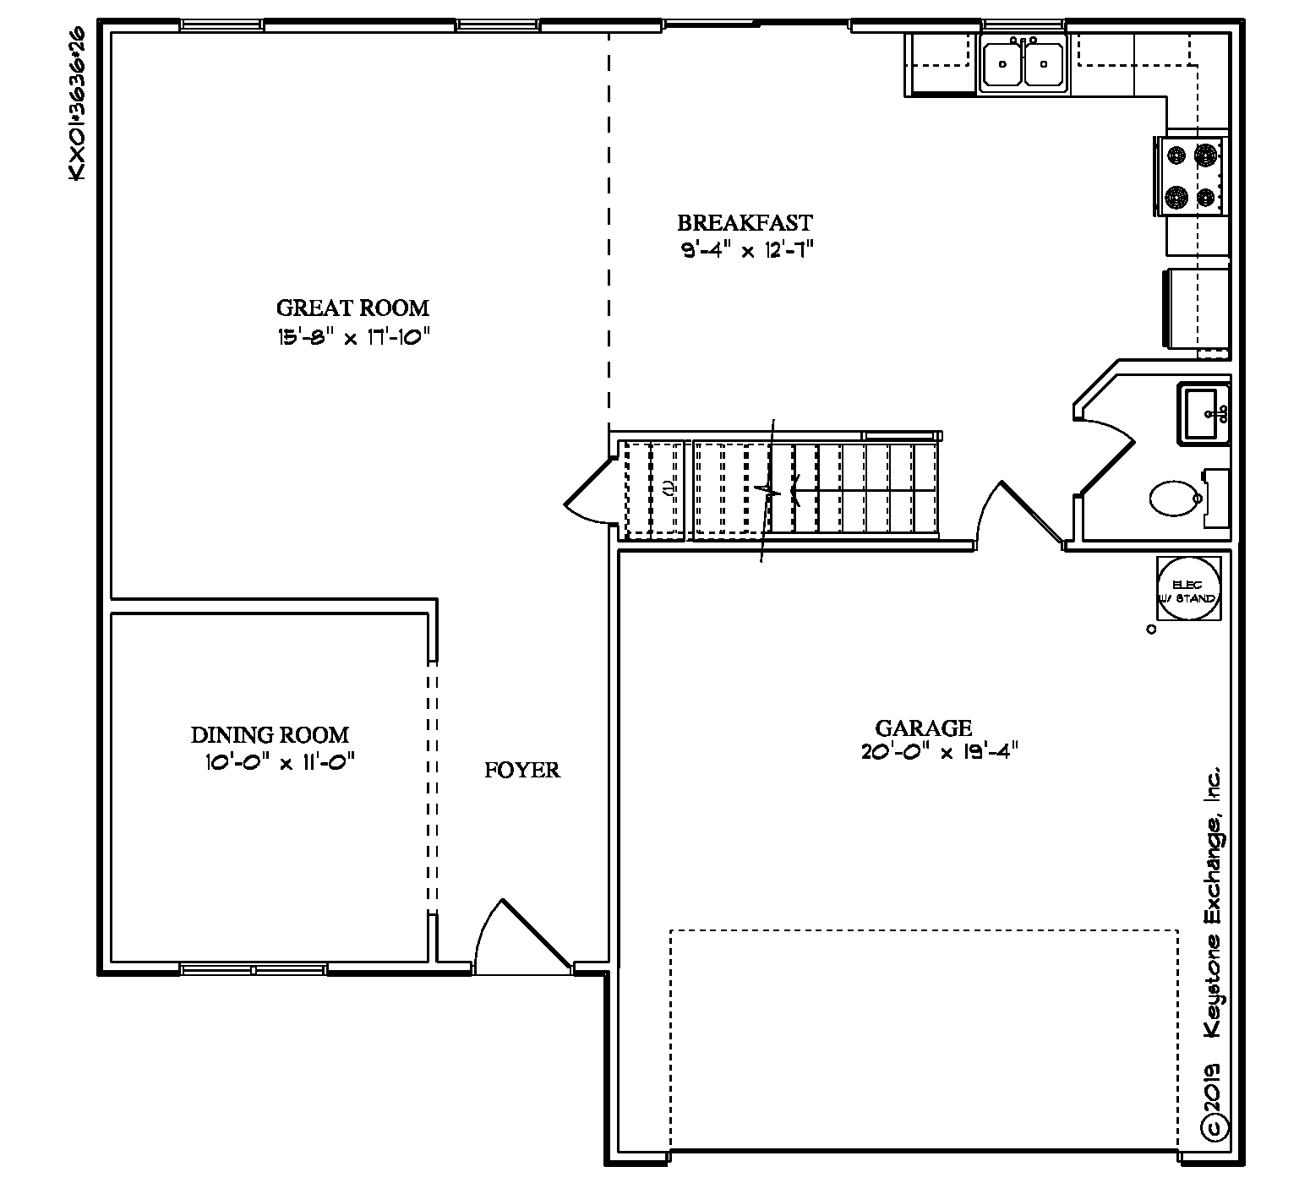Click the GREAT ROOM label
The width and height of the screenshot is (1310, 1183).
[352, 308]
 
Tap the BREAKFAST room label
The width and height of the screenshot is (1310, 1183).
[745, 223]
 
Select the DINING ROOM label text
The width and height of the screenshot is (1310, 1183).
[270, 735]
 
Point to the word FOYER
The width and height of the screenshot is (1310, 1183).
[522, 770]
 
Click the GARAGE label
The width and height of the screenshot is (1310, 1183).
[923, 728]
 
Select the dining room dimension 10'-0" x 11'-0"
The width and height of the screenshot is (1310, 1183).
[279, 762]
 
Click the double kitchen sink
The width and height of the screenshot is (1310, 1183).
[1023, 63]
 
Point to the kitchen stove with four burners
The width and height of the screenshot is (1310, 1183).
[1195, 176]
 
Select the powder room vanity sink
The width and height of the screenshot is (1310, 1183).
[1204, 413]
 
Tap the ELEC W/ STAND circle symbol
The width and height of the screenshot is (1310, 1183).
[1188, 589]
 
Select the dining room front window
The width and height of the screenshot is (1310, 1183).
[254, 968]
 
